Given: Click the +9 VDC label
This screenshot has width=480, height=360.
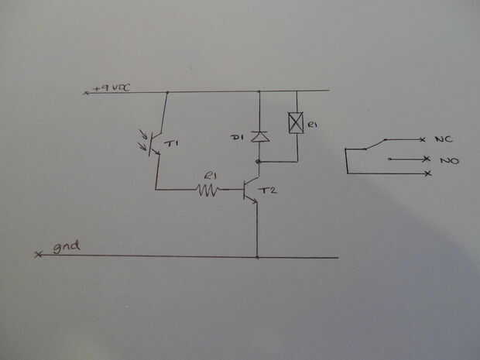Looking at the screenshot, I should pos(111,88).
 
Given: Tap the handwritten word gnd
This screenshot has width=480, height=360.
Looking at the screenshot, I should pos(68,249).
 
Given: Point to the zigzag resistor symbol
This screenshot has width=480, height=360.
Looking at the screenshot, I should pos(207,189).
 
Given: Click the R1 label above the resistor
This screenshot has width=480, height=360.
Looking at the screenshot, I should pos(209,176).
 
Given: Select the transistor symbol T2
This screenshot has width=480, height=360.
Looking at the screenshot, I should pos(250,190).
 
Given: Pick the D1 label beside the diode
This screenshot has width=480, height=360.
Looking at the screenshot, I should pos(238,137).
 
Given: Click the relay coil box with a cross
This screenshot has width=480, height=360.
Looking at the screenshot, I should pos(295,122).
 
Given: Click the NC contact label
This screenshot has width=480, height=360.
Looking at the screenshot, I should pos(443,139).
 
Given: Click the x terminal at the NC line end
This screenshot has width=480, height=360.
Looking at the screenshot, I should pos(422,139).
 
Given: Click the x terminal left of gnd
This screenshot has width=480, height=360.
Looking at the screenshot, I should pos(38,255).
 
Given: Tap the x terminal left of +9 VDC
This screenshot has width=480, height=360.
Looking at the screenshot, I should pos(86,93).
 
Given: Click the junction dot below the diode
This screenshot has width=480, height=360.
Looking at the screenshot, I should pos(258,162).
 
